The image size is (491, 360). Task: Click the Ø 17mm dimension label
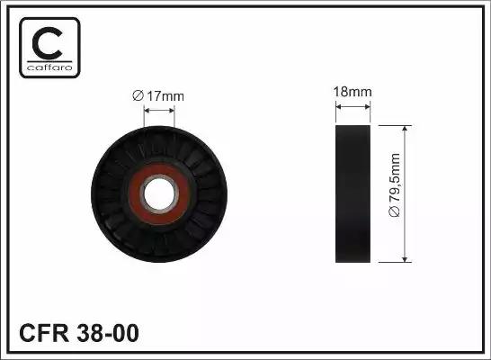point(158,96)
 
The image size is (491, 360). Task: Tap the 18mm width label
point(353,92)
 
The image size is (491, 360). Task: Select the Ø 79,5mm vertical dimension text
point(395,184)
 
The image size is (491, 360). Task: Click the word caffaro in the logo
point(49,67)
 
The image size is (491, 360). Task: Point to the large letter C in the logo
point(47,43)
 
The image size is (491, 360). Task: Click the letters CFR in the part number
point(44,333)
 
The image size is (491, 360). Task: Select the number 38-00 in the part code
point(108,333)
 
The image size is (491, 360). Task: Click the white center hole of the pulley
point(159,193)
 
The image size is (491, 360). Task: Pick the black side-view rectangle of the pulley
point(353,193)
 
